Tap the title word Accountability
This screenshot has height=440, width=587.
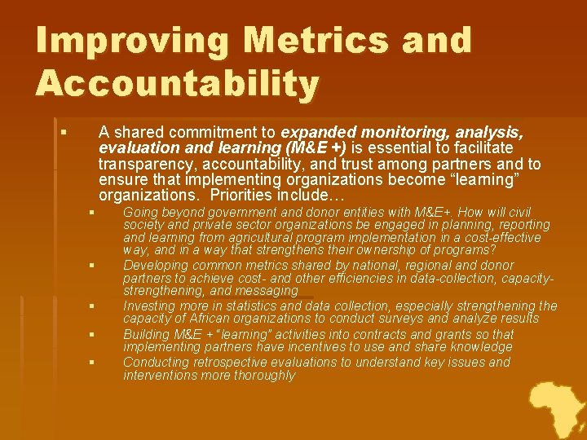(x=177, y=83)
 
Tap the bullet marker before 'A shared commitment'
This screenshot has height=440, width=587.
(x=62, y=130)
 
